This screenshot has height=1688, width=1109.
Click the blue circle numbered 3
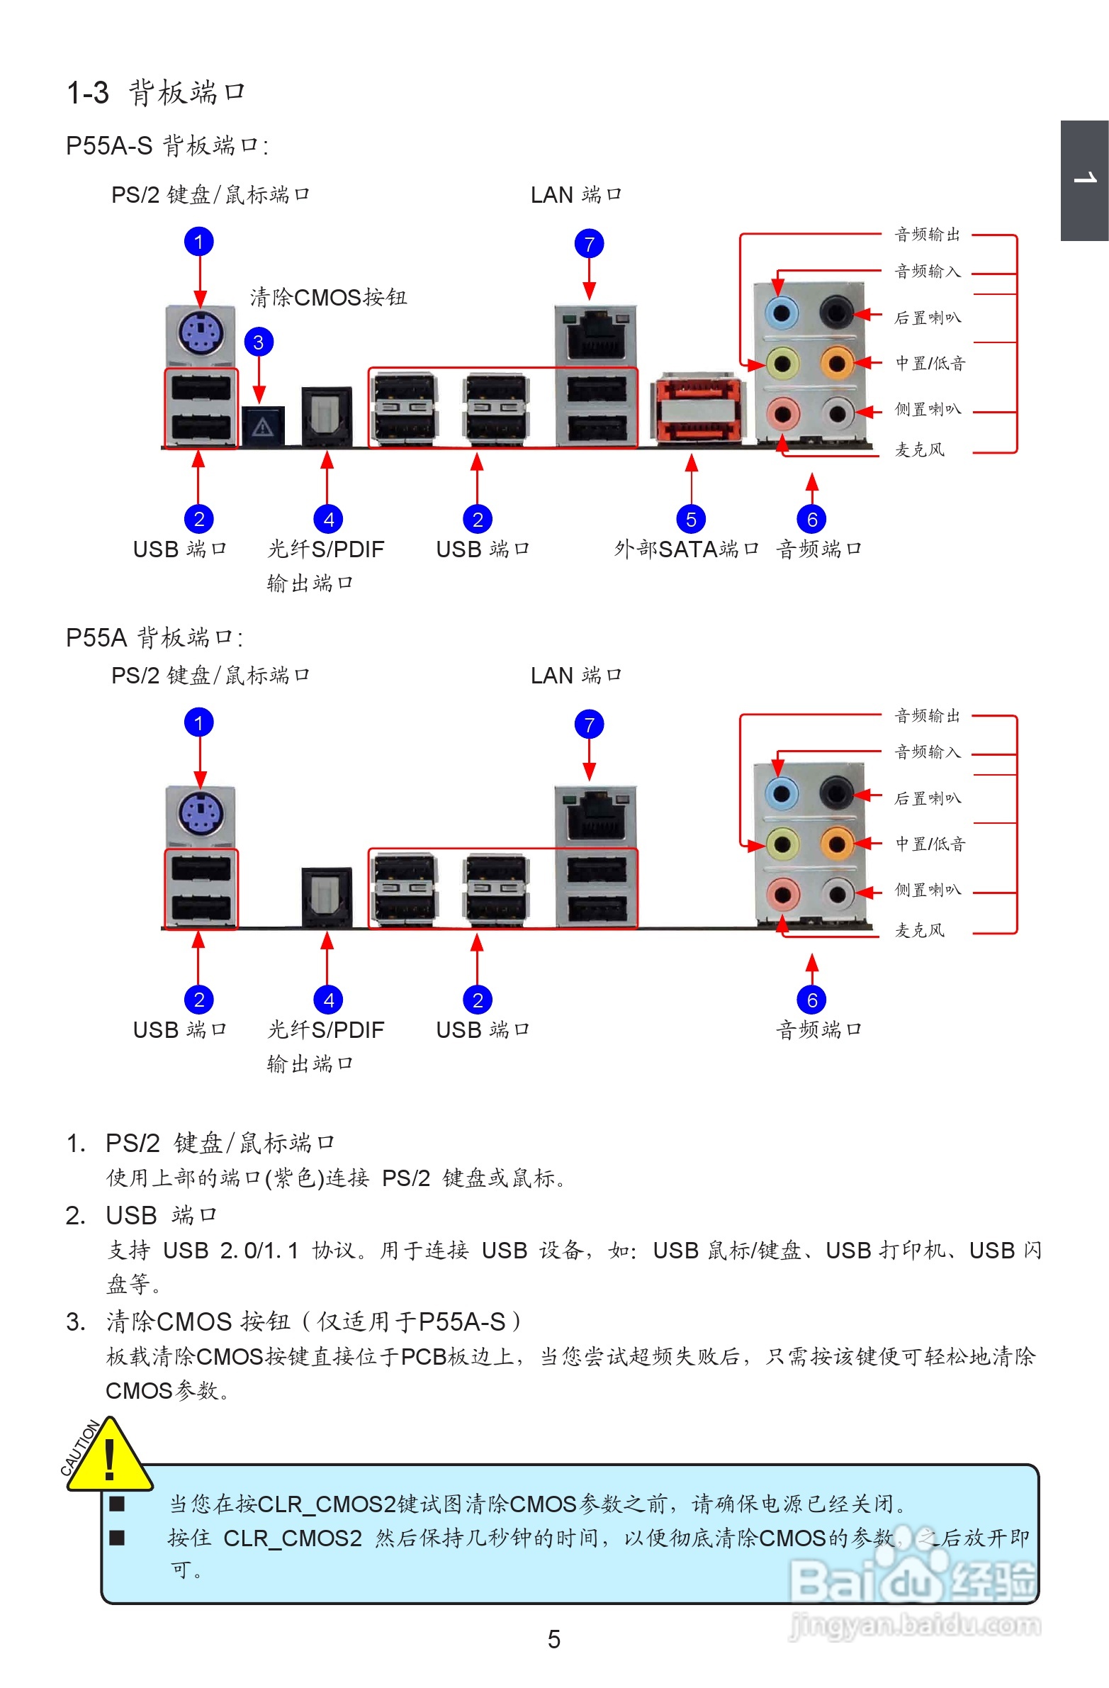tap(259, 342)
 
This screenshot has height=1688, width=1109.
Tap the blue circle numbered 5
tap(691, 519)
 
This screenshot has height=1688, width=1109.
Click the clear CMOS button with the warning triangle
tap(263, 425)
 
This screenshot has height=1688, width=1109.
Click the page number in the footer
tap(553, 1639)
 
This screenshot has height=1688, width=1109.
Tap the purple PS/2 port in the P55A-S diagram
tap(201, 331)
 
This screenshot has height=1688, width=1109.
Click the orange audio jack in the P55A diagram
tap(837, 844)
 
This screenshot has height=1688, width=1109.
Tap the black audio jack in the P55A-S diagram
tap(836, 312)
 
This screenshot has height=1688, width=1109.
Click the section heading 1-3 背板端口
tap(156, 92)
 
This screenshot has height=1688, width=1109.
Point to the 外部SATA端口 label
tap(686, 549)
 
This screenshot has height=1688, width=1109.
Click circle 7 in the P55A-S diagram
tap(589, 244)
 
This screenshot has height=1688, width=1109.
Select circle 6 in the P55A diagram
tap(812, 1000)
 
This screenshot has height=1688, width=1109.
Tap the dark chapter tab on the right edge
tap(1084, 180)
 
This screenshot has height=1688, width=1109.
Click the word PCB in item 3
tap(424, 1357)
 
